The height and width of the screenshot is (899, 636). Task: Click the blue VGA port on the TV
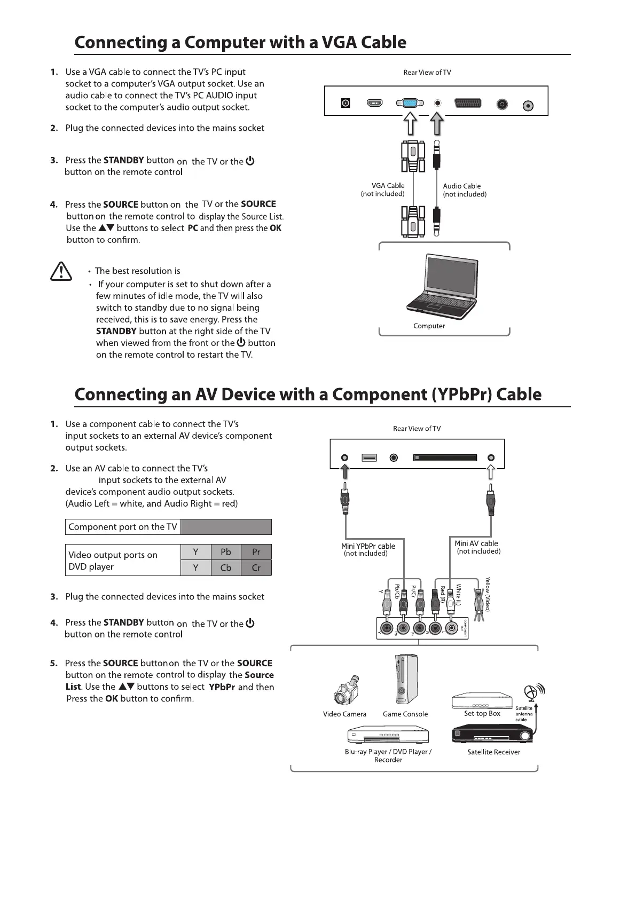click(410, 104)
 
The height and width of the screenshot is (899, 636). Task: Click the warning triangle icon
click(61, 271)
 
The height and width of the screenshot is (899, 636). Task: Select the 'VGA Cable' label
click(388, 186)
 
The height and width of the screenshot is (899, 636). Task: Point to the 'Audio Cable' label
click(461, 186)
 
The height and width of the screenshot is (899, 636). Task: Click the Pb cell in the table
click(226, 552)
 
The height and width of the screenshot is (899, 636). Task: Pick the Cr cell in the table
click(256, 567)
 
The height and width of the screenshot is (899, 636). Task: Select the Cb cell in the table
click(226, 567)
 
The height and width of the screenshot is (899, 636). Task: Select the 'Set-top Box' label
click(482, 714)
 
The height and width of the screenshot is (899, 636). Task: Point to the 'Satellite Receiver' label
click(493, 752)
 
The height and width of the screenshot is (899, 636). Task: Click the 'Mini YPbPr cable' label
click(368, 546)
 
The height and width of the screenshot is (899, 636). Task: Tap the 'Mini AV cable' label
click(476, 543)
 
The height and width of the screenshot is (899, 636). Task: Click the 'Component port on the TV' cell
click(123, 527)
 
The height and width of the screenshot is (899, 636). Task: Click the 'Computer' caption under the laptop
click(429, 326)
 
